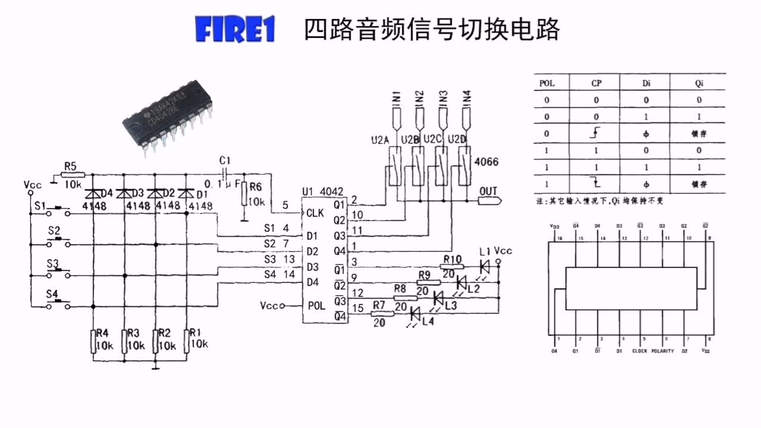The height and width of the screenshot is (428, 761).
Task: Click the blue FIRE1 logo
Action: pos(235,30)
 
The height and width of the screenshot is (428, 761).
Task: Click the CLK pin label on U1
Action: pos(315,213)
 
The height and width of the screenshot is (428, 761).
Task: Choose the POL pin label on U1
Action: pos(316,306)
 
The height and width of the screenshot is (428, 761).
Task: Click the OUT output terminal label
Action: pos(488,191)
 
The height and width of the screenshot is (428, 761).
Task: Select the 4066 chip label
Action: pos(486,162)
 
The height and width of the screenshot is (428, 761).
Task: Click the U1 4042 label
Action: pos(322,191)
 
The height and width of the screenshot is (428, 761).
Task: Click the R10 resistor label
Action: pos(452,259)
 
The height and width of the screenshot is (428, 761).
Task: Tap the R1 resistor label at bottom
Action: pos(195,333)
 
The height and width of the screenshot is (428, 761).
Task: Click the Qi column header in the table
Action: pos(699,83)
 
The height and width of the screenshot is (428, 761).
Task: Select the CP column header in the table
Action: pos(596,83)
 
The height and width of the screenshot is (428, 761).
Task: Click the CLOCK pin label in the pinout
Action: pos(639,351)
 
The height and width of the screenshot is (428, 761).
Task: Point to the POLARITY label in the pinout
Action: pos(663,351)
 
